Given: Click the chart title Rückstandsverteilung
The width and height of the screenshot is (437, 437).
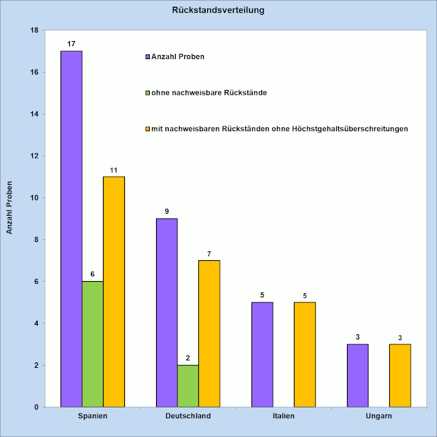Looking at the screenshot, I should (218, 11).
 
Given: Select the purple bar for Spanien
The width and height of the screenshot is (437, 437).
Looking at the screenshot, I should (71, 229).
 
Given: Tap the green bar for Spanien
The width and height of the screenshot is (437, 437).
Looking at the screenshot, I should (93, 344).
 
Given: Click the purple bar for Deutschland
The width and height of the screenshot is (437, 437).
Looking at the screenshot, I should (167, 313).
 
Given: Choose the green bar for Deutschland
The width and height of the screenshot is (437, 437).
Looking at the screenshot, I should (188, 386).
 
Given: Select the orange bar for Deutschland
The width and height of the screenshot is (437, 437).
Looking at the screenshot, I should (209, 333).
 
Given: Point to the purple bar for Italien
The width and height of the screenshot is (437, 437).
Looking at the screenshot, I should (262, 354).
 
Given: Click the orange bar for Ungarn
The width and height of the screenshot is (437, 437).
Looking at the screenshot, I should (400, 375).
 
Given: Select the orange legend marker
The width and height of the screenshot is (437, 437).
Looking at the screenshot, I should (147, 128).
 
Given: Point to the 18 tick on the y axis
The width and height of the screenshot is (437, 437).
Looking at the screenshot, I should (34, 30).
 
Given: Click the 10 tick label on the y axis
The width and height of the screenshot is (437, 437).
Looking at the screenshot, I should (34, 198).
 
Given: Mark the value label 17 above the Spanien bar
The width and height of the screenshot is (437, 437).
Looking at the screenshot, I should (71, 44).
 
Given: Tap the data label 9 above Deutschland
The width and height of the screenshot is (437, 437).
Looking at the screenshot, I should (167, 211).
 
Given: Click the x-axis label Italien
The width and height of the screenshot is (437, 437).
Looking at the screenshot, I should (283, 417).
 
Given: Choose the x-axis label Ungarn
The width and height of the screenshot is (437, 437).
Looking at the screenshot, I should (379, 417).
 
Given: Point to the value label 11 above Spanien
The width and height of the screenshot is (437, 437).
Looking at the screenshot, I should (114, 169).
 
